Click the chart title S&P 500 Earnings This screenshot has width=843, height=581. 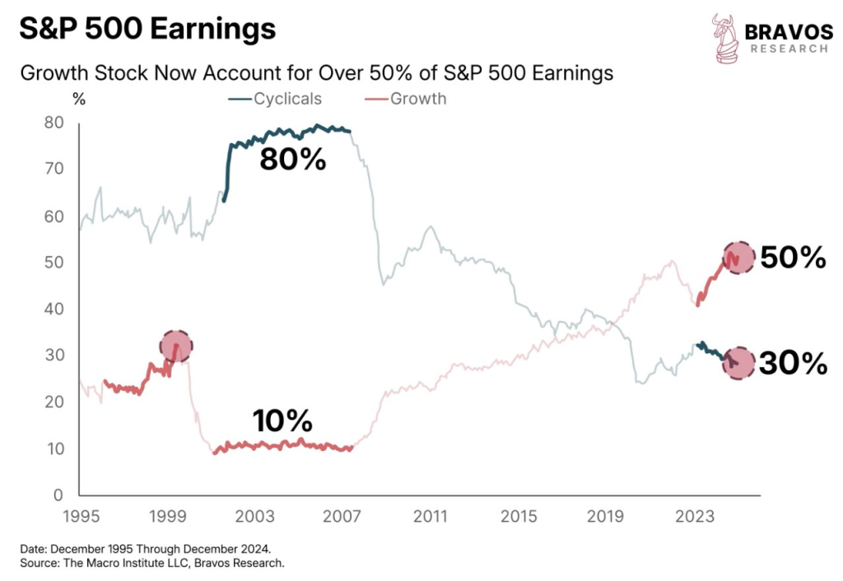147,30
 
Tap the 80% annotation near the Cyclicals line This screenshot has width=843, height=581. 293,159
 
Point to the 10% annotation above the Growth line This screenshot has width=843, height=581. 282,422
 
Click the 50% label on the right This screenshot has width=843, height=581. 792,258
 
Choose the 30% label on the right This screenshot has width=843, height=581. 792,363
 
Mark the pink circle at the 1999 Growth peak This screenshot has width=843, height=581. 175,346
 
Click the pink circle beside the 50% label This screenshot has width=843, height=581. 738,258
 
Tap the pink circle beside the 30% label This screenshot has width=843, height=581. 738,362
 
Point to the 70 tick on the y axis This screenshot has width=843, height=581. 55,170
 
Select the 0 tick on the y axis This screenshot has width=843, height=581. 59,495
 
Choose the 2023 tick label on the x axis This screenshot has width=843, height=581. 694,517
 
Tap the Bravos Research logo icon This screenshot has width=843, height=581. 725,37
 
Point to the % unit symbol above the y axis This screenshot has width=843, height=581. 79,99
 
